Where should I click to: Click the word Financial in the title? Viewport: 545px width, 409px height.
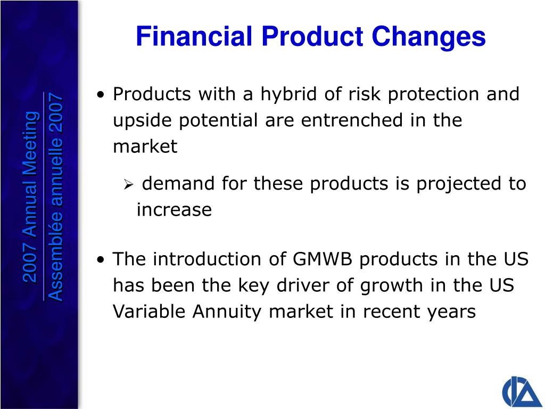point(194,36)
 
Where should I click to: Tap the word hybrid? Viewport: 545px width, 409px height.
point(289,94)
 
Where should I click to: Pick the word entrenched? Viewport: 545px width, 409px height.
point(352,120)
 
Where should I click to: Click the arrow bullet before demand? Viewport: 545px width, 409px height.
point(129,185)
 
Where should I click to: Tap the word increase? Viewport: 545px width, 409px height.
point(174,210)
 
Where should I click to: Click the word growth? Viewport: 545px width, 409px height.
point(391,286)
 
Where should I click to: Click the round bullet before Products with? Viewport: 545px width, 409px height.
point(101,95)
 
